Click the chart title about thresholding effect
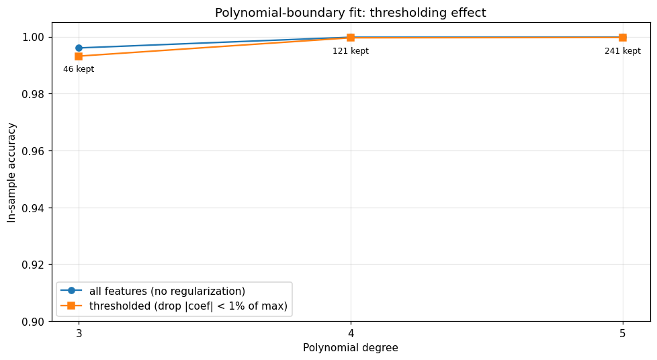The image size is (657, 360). pos(350,13)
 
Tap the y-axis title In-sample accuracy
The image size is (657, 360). pos(11,172)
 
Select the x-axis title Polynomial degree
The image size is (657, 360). pos(350,348)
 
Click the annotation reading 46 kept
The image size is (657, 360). pos(79,69)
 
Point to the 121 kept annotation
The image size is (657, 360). pos(351,51)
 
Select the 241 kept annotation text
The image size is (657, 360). pos(622,51)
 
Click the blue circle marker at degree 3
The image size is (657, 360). pos(79,48)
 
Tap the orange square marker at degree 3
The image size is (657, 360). pos(79,56)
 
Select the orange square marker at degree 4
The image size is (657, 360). pos(351,38)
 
